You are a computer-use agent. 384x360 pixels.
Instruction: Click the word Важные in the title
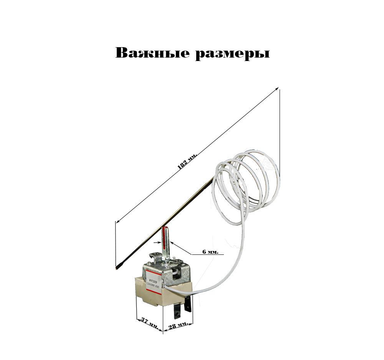point(152,53)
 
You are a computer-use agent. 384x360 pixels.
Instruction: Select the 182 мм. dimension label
point(187,162)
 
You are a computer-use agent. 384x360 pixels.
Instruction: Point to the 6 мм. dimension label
point(210,252)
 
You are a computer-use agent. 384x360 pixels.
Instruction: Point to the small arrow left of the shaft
point(157,243)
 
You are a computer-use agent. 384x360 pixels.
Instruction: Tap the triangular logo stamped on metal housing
point(185,272)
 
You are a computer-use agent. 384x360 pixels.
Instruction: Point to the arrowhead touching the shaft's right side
point(172,243)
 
